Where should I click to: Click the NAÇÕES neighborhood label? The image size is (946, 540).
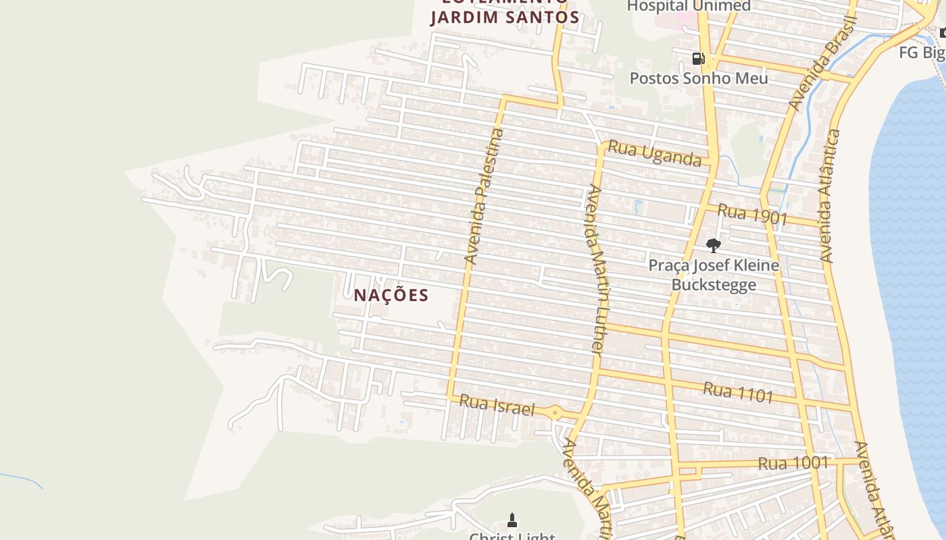coord(391,295)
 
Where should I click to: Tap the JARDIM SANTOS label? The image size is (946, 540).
coord(505,17)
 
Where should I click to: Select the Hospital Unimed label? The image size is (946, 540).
coord(689,6)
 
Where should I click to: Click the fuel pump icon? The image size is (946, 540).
coord(698,59)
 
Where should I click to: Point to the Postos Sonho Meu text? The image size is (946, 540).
coord(699,78)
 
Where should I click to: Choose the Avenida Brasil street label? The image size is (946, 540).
coord(822,64)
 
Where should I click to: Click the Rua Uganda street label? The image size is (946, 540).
coord(655,153)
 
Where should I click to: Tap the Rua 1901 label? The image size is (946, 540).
coord(753,214)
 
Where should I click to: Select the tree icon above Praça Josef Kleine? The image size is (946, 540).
coord(713,245)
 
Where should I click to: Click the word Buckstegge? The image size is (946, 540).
coord(714,284)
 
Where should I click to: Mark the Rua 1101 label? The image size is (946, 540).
coord(738,392)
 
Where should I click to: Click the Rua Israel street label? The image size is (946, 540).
coord(497,405)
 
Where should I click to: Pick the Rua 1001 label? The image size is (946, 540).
coord(793,463)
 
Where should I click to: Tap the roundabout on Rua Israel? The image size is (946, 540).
coord(555,412)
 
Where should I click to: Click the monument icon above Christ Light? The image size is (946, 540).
coord(512,520)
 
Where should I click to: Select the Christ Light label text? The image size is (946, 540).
coord(512,536)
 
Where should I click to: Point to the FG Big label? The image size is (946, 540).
coord(922,53)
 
